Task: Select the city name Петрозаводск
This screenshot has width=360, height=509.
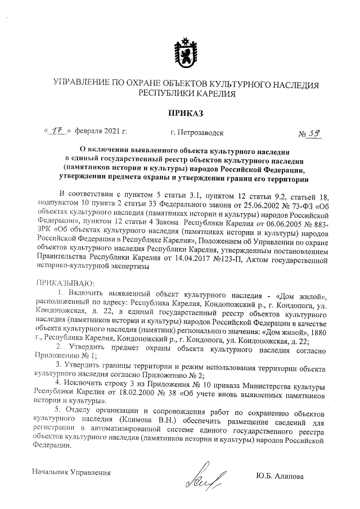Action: point(196,133)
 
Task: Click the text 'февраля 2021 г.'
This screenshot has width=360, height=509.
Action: point(101,132)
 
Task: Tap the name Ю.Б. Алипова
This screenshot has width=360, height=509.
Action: point(279,476)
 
